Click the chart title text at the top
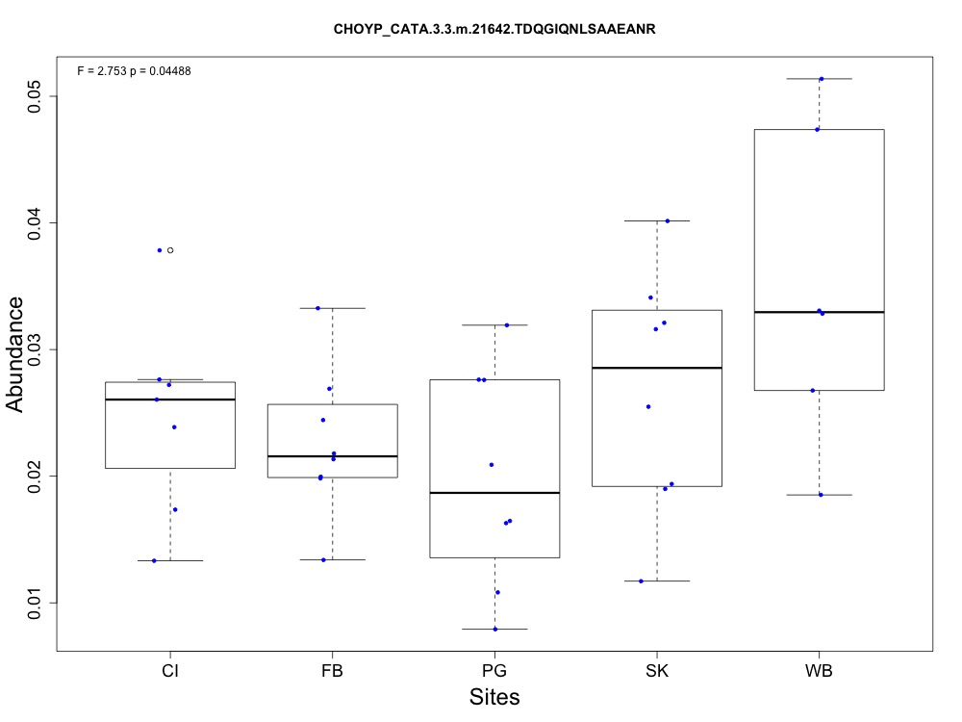pos(494,30)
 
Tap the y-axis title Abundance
pos(16,354)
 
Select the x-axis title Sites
pos(494,697)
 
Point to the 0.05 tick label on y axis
pos(35,96)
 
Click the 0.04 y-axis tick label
pos(35,222)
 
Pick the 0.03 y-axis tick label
pos(35,349)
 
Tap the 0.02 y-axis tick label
pos(35,476)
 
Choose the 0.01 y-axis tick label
pos(35,603)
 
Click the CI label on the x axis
pos(170,670)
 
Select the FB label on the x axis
pos(332,670)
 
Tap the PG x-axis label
pos(494,670)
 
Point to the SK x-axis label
pos(657,670)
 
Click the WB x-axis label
pos(819,670)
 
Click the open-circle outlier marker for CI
pos(170,250)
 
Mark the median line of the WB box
pos(819,312)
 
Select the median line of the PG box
pos(494,492)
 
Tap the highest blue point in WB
pos(822,79)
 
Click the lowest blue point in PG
pos(495,629)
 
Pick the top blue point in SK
pos(667,220)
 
